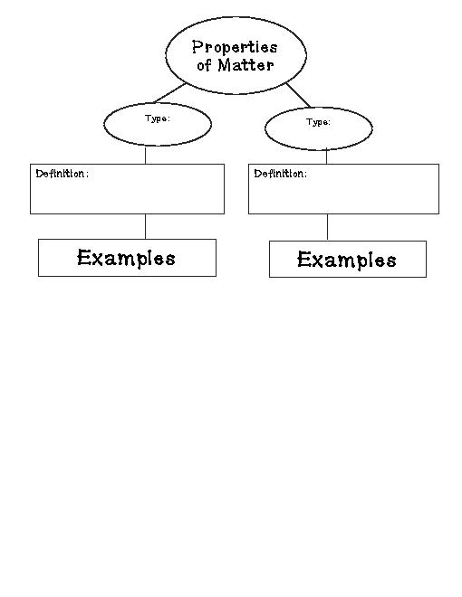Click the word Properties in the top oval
pyautogui.click(x=235, y=48)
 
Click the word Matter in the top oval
pyautogui.click(x=245, y=65)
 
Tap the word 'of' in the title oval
pyautogui.click(x=204, y=65)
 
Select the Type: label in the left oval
pyautogui.click(x=158, y=118)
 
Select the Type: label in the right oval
pyautogui.click(x=318, y=122)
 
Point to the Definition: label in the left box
pyautogui.click(x=63, y=174)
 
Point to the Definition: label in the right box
pyautogui.click(x=281, y=174)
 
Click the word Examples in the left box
pyautogui.click(x=126, y=258)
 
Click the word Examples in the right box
pyautogui.click(x=346, y=260)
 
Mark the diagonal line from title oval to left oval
pyautogui.click(x=170, y=92)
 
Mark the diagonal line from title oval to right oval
pyautogui.click(x=298, y=95)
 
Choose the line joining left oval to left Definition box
pyautogui.click(x=145, y=155)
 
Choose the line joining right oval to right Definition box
pyautogui.click(x=327, y=156)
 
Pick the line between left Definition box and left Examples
pyautogui.click(x=145, y=226)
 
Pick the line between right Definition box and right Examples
pyautogui.click(x=327, y=227)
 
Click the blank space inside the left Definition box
pyautogui.click(x=127, y=195)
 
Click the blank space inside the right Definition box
pyautogui.click(x=343, y=195)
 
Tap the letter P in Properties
pyautogui.click(x=197, y=47)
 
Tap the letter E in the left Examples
pyautogui.click(x=83, y=257)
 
